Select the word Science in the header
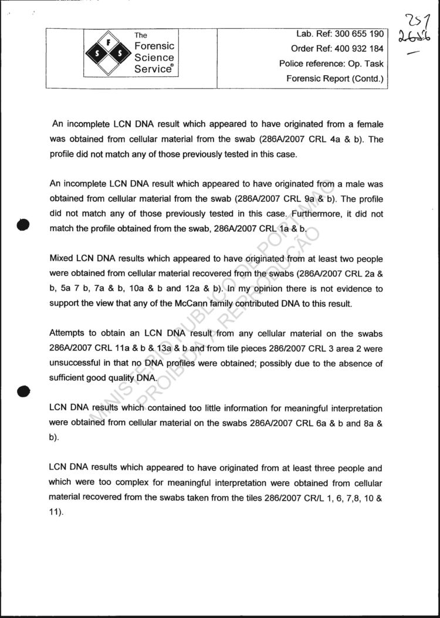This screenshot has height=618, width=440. (x=154, y=58)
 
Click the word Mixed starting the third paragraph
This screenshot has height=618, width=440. (x=62, y=259)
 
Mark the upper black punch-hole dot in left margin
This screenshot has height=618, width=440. (x=23, y=225)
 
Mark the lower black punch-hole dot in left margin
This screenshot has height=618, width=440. (x=23, y=391)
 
